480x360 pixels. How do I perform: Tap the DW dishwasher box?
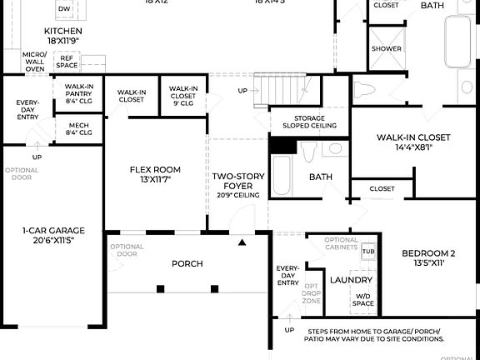[64, 9]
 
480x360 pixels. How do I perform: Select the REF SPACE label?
[66, 62]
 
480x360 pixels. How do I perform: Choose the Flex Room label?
[155, 174]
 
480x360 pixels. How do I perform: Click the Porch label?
[187, 263]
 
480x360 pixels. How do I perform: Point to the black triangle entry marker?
[242, 242]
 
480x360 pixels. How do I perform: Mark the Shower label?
[387, 48]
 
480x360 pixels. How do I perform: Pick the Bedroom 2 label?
[428, 257]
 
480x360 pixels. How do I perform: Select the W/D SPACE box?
[364, 299]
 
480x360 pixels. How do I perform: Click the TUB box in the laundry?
[368, 251]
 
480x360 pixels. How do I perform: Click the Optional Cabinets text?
[342, 244]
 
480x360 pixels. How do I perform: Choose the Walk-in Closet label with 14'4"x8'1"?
[412, 142]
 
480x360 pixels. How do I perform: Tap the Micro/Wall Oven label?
[34, 62]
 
